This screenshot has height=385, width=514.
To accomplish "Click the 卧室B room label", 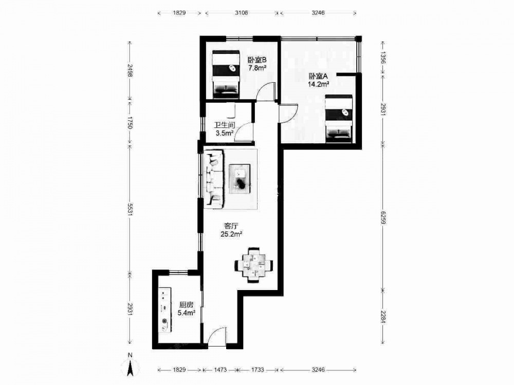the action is coord(256,60).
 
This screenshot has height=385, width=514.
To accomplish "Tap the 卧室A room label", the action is coord(318,76).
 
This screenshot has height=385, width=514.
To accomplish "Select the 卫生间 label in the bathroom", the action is coord(225,125).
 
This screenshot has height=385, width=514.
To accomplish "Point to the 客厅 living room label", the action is coord(231,226).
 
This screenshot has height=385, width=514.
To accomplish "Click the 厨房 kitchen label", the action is coord(186,305).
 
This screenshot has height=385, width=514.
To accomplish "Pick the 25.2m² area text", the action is coord(231,234).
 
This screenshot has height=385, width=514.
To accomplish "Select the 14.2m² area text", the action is coord(318,85).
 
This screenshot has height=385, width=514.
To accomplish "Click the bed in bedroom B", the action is coord(226,74).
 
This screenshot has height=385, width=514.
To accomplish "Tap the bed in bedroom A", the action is coord(339,119).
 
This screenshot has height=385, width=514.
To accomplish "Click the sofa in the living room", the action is coord(213,179).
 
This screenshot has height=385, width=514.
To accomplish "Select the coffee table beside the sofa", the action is coord(240,179).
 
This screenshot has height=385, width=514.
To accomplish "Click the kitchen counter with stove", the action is coord(165,310).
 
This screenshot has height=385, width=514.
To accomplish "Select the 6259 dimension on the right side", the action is coord(383,217).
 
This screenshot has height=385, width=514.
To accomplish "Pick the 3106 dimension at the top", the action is coord(242,13).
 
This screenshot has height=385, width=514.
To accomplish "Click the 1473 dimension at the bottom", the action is coord(221,370).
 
